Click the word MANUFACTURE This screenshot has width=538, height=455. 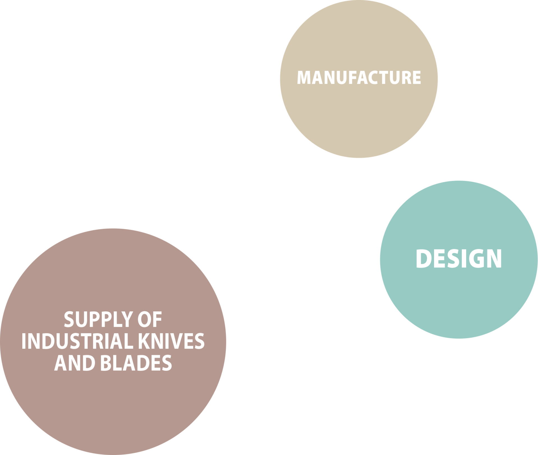click(x=359, y=77)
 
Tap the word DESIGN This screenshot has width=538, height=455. click(x=459, y=259)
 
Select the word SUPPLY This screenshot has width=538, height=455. click(x=94, y=320)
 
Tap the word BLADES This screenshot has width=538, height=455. click(x=136, y=363)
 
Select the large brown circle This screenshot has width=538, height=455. click(x=112, y=407)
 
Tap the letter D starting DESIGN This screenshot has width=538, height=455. click(x=423, y=259)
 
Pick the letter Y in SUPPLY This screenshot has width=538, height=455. click(x=125, y=320)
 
